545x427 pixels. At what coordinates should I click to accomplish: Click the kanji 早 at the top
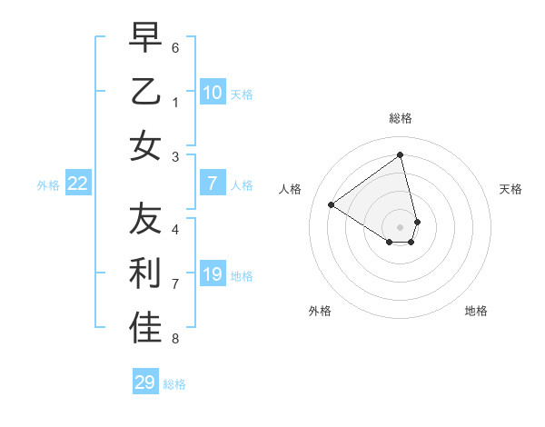coord(145,37)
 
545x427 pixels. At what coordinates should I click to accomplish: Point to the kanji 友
coord(145,220)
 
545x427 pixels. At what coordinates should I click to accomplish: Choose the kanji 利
coord(145,274)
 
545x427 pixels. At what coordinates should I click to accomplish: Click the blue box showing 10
coord(212,92)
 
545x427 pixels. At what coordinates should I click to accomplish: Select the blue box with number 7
coord(212,184)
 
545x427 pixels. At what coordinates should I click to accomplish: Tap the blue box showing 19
coord(212,274)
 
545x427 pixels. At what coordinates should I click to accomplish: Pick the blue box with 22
coord(78,184)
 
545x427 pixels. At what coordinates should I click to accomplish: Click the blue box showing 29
coord(144,382)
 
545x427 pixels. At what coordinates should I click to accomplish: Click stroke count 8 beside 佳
coord(175,339)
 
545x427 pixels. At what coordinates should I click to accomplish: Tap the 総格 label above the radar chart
coord(401,118)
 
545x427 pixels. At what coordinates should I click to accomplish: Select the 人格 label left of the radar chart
coord(291,189)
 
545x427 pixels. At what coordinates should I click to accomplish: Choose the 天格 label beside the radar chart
coord(511,189)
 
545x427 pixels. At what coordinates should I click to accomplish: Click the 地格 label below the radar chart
coord(476,311)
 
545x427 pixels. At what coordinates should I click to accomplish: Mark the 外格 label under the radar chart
coord(320,311)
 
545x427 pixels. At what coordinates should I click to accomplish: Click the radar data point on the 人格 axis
coord(332,204)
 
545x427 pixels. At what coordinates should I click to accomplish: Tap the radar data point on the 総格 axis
coord(401,155)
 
